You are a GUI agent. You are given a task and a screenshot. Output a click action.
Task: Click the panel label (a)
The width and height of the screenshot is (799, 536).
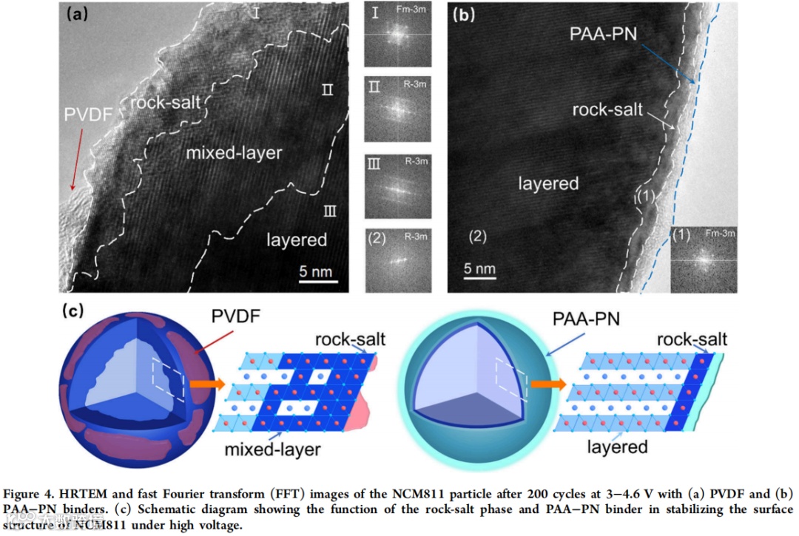[x=79, y=14]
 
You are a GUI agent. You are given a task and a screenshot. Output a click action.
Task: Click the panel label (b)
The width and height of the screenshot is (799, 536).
[x=468, y=14]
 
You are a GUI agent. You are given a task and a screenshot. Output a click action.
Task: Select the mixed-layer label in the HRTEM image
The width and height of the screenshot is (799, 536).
[x=224, y=152]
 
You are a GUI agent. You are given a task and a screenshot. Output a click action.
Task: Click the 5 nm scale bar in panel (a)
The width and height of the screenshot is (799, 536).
[x=318, y=279]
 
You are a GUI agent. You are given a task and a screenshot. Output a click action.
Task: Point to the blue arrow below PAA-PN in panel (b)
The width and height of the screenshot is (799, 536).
[x=667, y=63]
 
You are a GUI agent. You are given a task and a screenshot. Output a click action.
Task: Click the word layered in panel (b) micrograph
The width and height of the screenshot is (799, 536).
[x=548, y=183]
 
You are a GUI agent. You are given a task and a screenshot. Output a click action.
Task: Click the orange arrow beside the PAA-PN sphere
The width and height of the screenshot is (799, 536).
[x=547, y=384]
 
